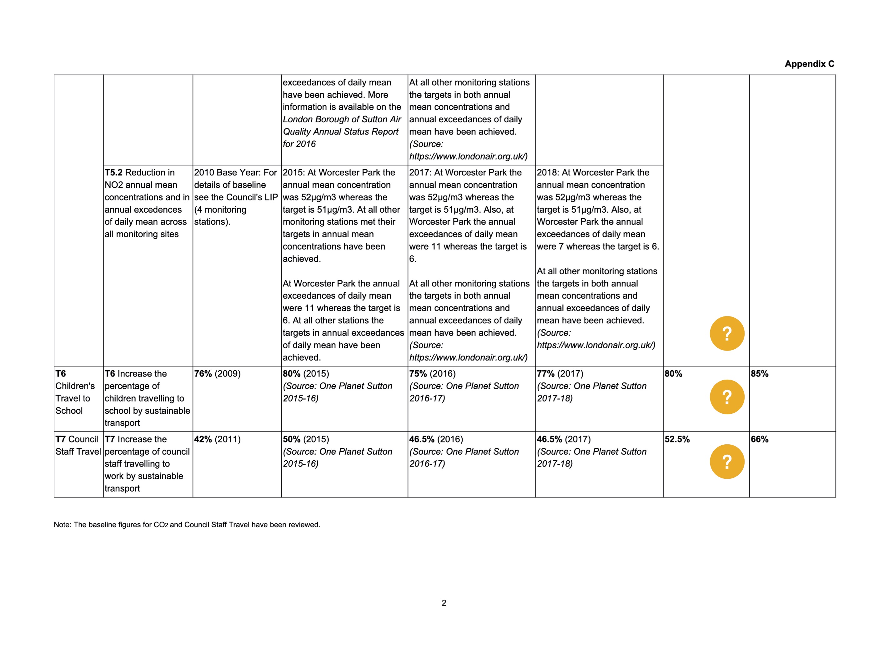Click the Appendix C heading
point(809,64)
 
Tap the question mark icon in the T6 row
point(727,397)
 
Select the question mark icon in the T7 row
point(727,462)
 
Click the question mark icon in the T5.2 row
point(727,333)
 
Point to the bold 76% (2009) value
point(217,373)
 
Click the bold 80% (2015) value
point(305,373)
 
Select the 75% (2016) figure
point(432,373)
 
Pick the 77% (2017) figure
point(560,373)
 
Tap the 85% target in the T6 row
point(759,373)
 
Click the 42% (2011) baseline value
point(217,439)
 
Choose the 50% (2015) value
point(305,439)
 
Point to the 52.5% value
point(677,439)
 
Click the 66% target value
point(759,439)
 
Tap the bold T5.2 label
point(113,173)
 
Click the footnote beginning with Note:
point(187,525)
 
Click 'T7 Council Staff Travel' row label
point(78,445)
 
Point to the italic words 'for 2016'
point(299,144)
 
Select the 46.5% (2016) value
point(436,439)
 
